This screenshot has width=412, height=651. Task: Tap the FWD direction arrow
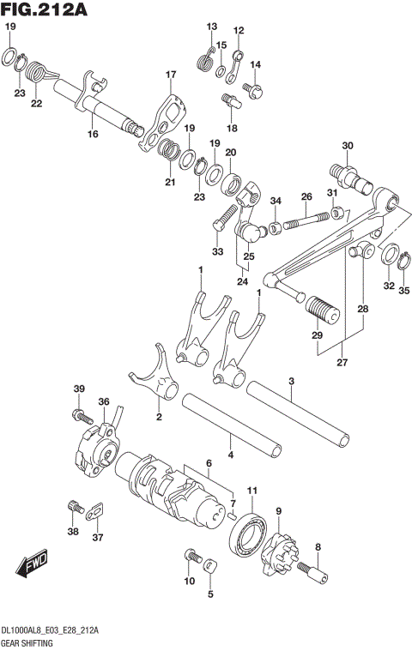click(31, 567)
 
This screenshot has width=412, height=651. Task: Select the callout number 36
click(103, 401)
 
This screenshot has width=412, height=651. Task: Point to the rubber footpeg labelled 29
click(321, 308)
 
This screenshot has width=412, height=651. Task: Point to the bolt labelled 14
click(252, 87)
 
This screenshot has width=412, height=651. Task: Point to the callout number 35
click(403, 291)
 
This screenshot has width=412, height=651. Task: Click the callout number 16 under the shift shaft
click(92, 134)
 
